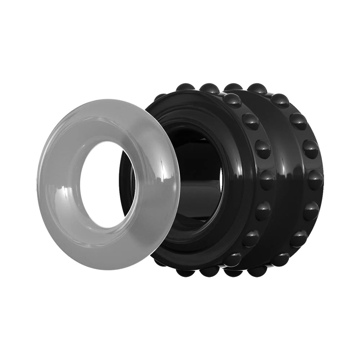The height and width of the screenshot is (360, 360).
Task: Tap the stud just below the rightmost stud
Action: click(x=310, y=211)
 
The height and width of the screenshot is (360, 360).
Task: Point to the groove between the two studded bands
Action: click(x=284, y=180)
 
